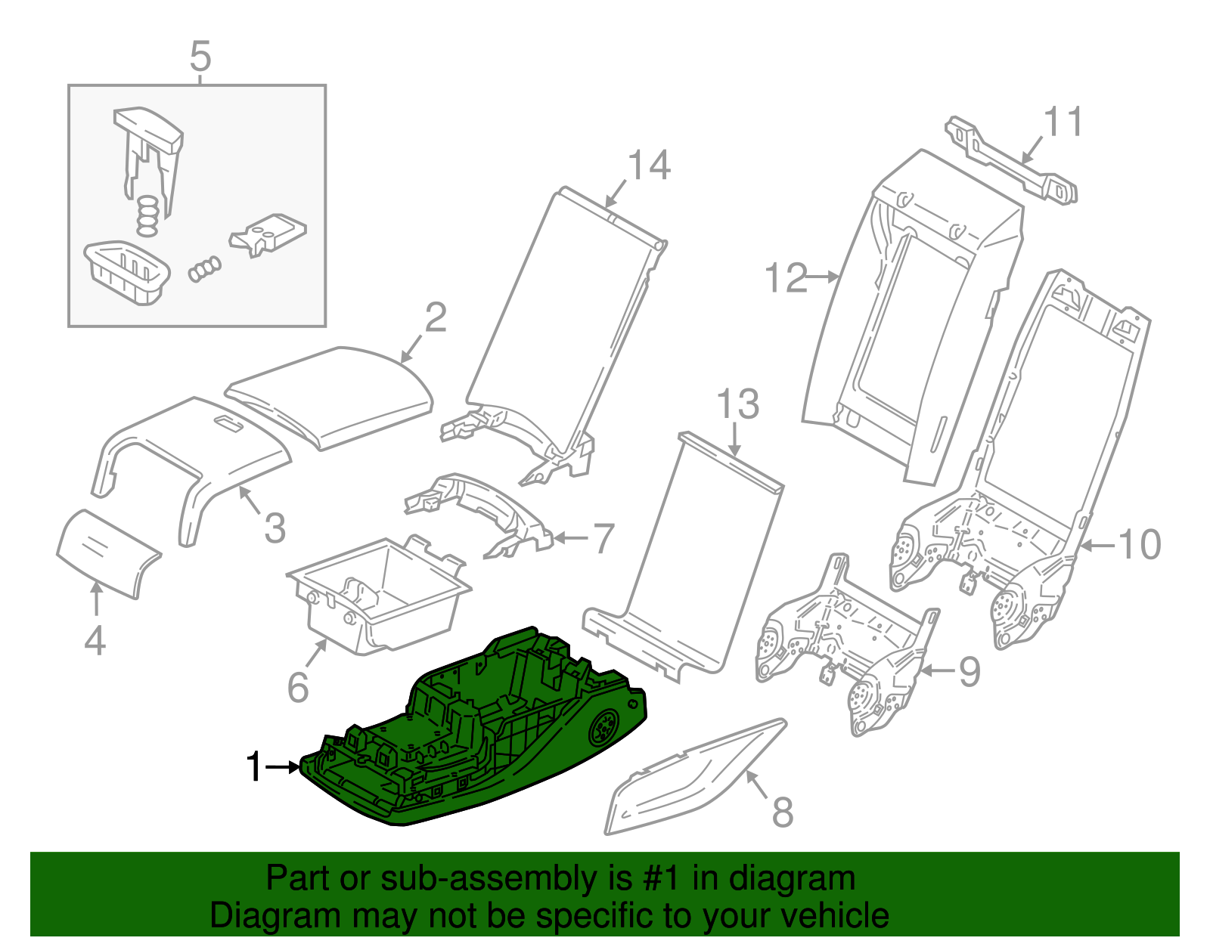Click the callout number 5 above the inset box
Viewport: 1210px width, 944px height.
click(200, 57)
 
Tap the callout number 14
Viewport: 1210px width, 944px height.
click(649, 166)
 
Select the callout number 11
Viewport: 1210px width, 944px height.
click(1063, 122)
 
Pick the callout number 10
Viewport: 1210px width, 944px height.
click(1139, 544)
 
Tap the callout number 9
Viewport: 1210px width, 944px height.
click(970, 671)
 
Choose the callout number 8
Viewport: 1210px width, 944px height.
click(782, 812)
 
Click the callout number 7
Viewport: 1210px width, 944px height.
click(603, 539)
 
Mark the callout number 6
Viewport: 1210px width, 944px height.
click(298, 686)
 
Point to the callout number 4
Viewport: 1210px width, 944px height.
click(95, 641)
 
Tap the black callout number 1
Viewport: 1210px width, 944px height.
click(255, 767)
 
